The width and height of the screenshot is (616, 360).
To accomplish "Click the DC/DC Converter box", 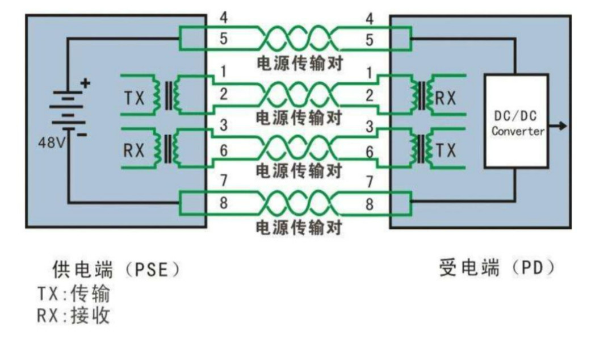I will pos(516,120).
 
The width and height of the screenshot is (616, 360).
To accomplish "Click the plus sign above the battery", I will pos(85,83).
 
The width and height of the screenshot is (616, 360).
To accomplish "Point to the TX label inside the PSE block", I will pos(135,98).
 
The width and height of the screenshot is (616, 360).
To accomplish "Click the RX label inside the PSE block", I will pos(135,150).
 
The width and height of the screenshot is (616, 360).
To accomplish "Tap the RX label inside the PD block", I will pos(446,98).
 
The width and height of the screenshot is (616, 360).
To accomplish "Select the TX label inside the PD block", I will pos(446,150).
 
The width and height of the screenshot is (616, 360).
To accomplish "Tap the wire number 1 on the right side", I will pos(370,73).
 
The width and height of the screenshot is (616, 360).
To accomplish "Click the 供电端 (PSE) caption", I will pos(116,268).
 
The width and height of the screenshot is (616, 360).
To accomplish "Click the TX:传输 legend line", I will pos(74,294).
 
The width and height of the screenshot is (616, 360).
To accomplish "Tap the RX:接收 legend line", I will pos(74,315).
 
